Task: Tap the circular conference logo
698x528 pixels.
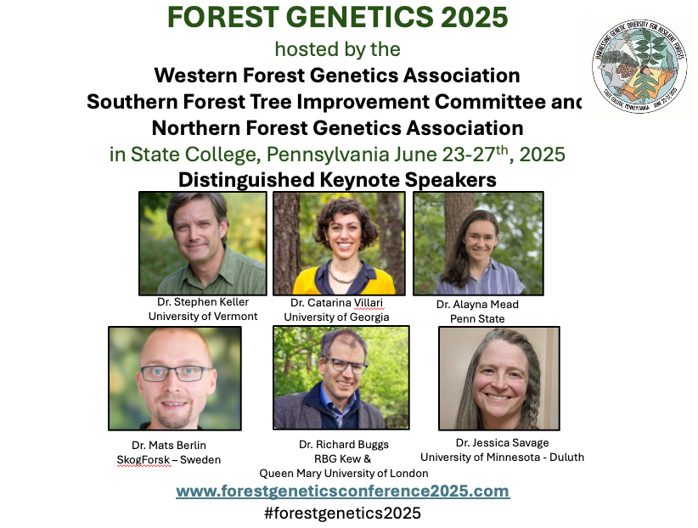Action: [639, 66]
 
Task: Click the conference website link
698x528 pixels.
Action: [343, 491]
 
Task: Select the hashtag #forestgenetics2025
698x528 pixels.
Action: [342, 513]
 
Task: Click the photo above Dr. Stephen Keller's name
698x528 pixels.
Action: [203, 244]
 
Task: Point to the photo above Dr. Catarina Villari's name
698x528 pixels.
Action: [339, 244]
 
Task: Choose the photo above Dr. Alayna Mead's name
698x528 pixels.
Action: [478, 244]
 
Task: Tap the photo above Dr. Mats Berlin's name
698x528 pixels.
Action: [175, 379]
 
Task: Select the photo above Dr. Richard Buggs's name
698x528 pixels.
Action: [341, 378]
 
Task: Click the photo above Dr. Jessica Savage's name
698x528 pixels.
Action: [499, 379]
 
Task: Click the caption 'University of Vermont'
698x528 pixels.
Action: [203, 316]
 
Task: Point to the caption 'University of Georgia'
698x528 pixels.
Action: [336, 317]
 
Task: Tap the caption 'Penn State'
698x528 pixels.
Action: [477, 319]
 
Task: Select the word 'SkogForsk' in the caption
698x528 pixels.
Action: [144, 459]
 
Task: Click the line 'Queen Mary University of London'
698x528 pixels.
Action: [344, 473]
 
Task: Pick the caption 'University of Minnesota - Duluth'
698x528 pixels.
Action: [502, 458]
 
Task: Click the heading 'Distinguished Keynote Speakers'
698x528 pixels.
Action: [337, 180]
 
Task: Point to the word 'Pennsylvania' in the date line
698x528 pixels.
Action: [328, 155]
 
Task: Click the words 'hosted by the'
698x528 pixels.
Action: [337, 49]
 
